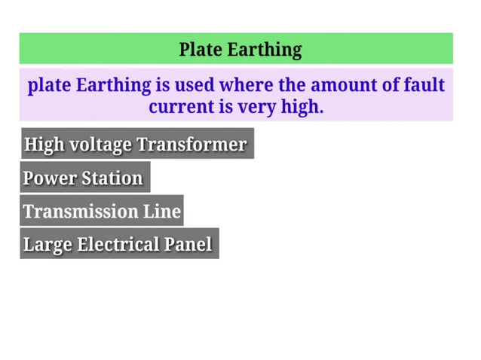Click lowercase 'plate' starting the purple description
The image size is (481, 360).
[x=49, y=85]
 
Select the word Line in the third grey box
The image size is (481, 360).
[x=162, y=212]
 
